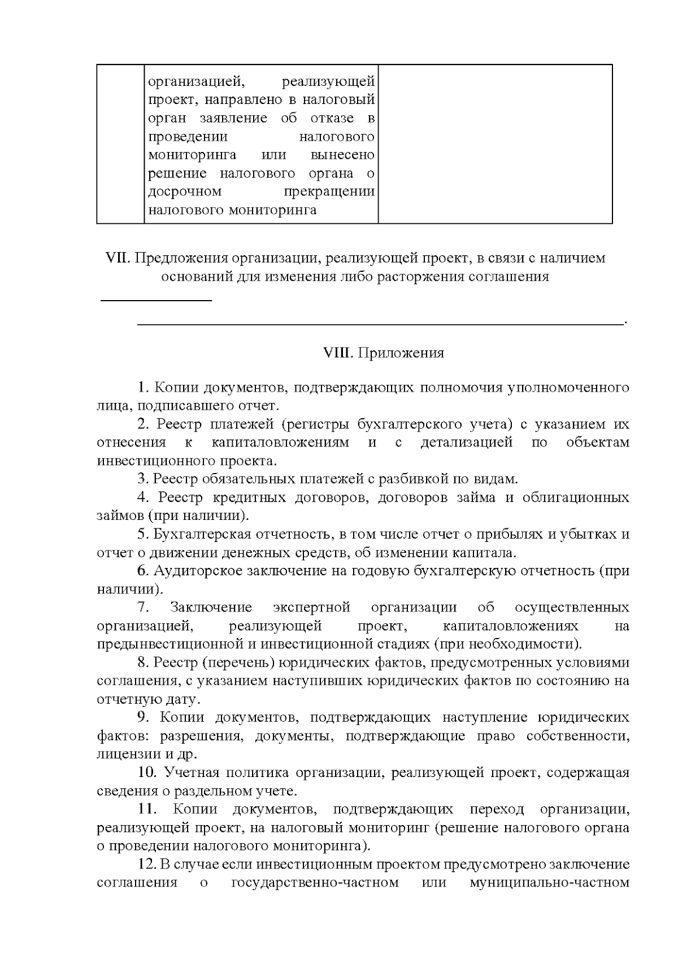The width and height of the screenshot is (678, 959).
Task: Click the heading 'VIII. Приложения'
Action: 383,353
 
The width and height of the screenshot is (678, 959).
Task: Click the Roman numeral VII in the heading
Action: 118,258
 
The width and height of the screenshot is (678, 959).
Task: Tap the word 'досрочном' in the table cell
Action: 185,192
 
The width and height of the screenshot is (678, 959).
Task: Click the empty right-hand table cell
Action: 495,144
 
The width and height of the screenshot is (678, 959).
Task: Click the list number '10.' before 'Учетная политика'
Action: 147,773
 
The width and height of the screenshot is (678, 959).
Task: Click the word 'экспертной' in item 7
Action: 311,607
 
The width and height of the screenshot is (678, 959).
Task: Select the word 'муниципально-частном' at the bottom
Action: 549,883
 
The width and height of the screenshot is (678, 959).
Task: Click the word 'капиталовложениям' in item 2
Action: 280,442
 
